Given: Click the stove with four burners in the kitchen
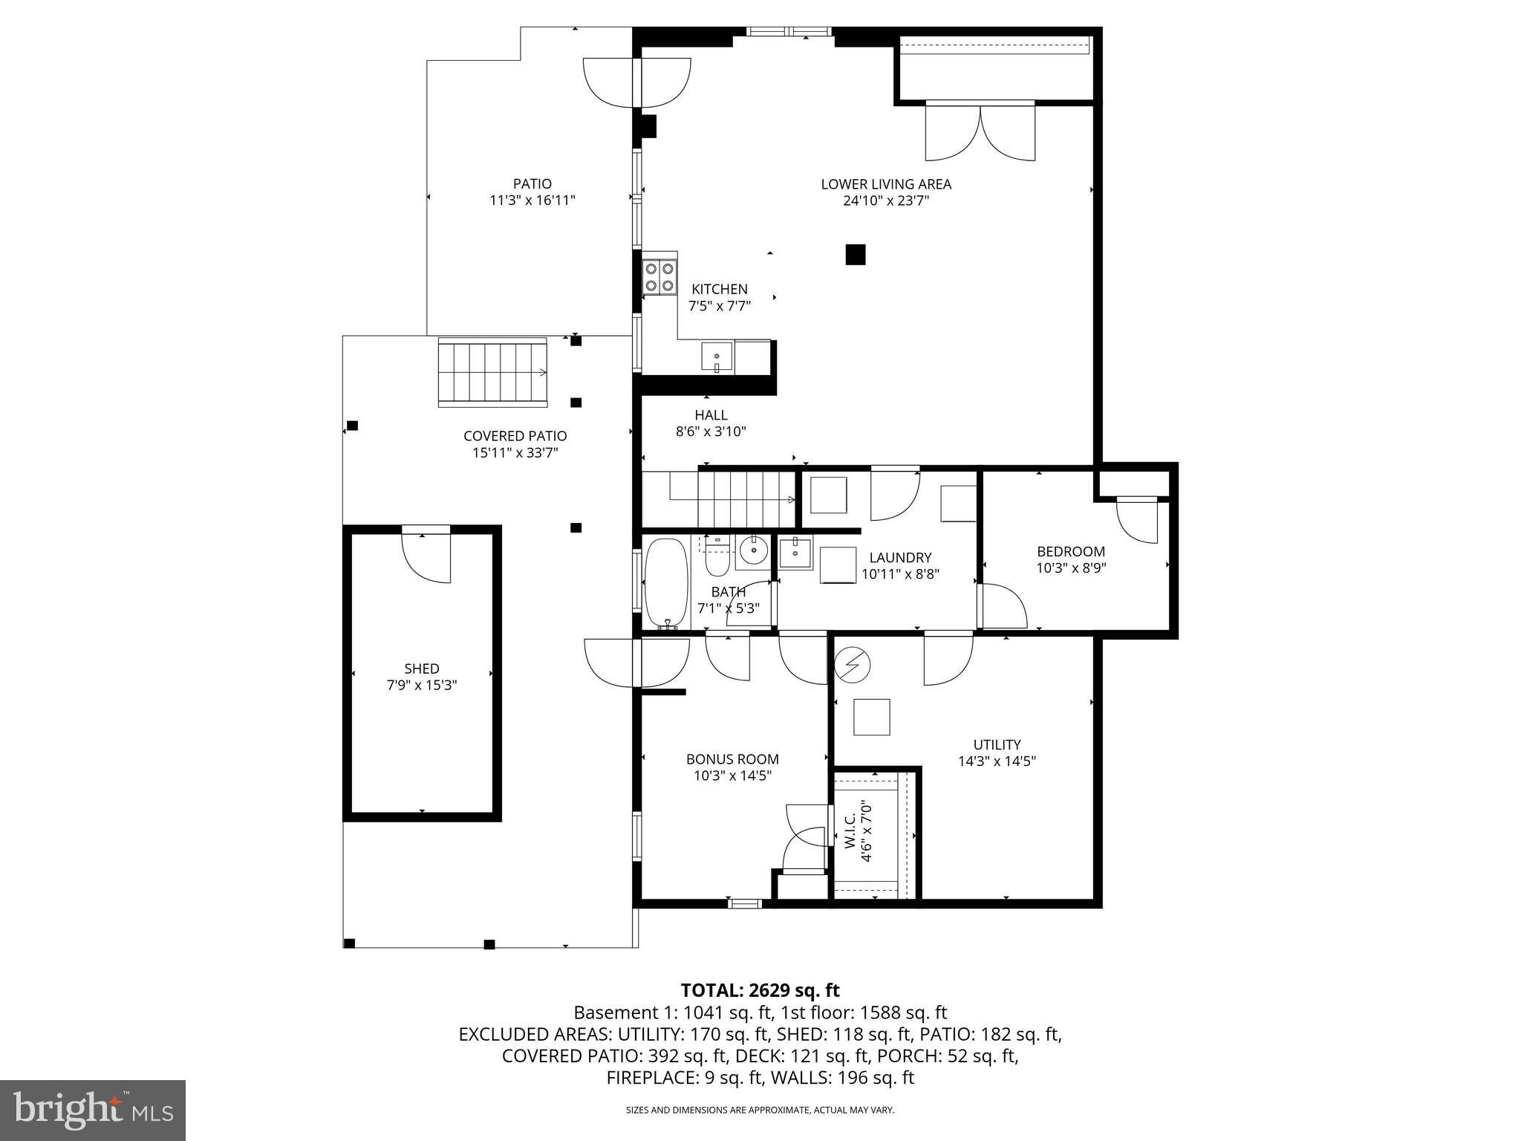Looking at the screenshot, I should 659,276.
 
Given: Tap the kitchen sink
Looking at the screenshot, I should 717,357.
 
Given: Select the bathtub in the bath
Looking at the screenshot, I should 666,584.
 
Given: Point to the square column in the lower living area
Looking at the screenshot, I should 856,255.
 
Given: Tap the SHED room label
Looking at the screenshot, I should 422,669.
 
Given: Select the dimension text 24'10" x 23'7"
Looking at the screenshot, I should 886,201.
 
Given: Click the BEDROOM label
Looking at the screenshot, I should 1070,551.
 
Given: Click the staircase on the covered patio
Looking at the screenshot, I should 492,371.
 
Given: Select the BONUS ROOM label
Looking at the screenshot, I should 732,759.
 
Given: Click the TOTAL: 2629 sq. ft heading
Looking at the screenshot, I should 760,990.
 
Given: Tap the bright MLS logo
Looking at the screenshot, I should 93,1111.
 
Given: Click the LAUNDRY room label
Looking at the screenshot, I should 900,557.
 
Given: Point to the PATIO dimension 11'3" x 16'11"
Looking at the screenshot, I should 532,200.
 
